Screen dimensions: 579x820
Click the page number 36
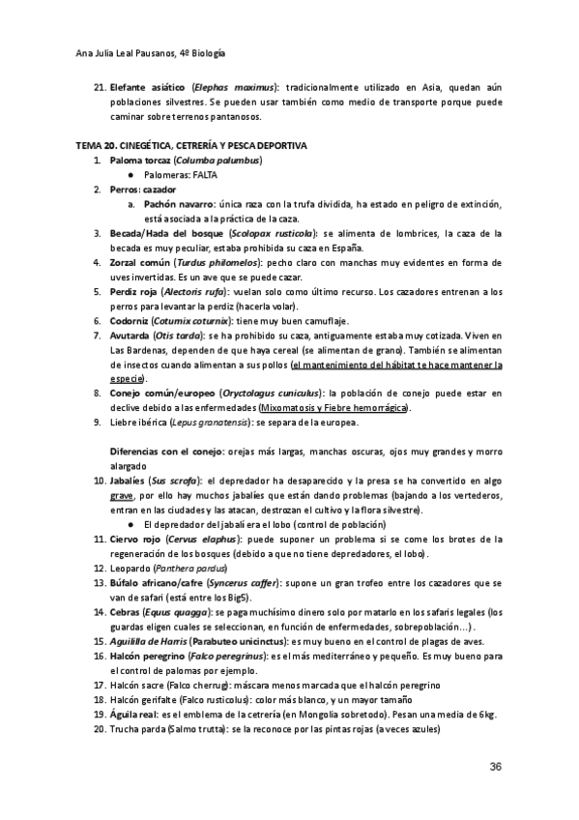(496, 767)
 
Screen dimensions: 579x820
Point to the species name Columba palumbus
(217, 160)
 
